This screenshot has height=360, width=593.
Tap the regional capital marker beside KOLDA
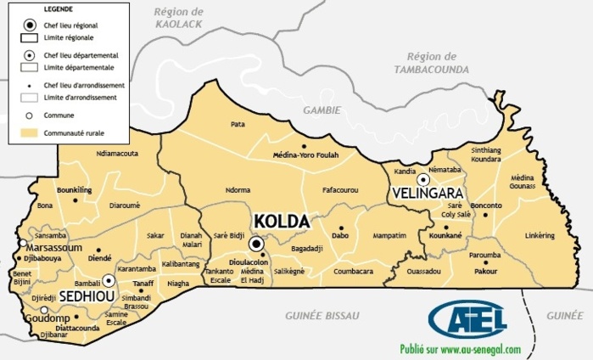pyautogui.click(x=257, y=245)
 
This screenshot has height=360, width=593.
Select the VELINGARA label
pyautogui.click(x=425, y=194)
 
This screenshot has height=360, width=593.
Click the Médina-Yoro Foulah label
pyautogui.click(x=305, y=155)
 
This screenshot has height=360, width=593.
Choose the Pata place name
pyautogui.click(x=238, y=124)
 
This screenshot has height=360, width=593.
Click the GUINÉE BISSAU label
pyautogui.click(x=320, y=315)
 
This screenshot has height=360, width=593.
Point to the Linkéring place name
pyautogui.click(x=540, y=235)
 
